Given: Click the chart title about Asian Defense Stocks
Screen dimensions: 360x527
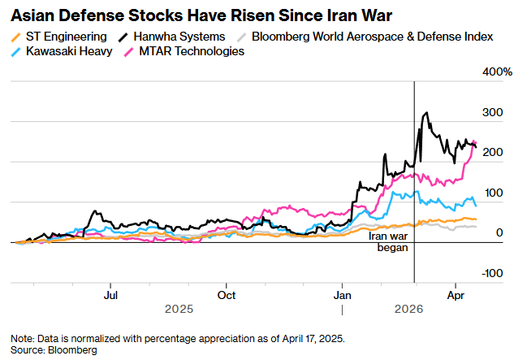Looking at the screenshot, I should coord(197,15).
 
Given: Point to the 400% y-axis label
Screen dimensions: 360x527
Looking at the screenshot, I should coord(498,72).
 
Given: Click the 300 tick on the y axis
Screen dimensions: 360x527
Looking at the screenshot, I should coord(493,112).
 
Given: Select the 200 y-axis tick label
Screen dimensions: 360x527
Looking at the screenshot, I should coord(493,153).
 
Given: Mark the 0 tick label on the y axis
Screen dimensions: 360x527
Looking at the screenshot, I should coord(499,233).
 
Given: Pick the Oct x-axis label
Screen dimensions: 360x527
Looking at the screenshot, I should coord(227,295).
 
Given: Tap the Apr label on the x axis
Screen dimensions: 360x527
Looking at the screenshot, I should coord(456,295).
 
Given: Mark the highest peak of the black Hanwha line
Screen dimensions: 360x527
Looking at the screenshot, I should coord(426,114).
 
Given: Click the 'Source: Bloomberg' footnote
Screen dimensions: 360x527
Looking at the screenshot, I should coord(54,349).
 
